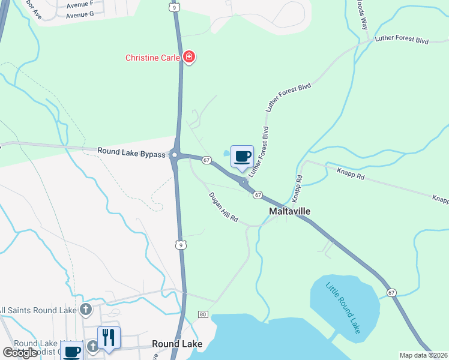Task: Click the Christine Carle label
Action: (153, 58)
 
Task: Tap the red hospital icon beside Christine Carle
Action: (190, 58)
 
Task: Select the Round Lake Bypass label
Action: (131, 154)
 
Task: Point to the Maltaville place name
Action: (289, 212)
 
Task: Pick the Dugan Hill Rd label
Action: (223, 208)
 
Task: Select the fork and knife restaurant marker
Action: (109, 337)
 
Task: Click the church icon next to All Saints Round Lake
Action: (86, 310)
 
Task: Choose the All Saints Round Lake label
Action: (37, 310)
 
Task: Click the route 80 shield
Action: (202, 314)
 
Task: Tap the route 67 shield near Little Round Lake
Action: (391, 292)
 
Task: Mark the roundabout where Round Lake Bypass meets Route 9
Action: (174, 155)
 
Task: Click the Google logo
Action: (19, 353)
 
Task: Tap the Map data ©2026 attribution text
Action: (423, 355)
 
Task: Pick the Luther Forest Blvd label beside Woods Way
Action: (402, 40)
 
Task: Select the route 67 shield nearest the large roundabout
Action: (206, 160)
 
